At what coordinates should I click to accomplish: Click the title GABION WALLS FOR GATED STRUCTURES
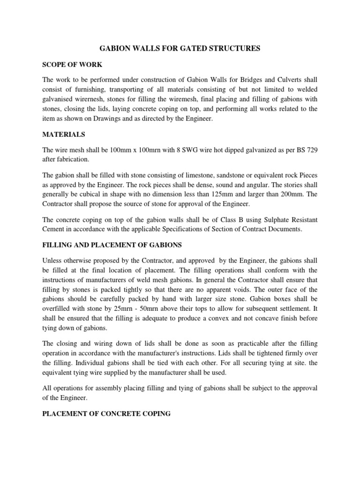point(180,48)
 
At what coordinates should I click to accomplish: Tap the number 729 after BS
point(311,150)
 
